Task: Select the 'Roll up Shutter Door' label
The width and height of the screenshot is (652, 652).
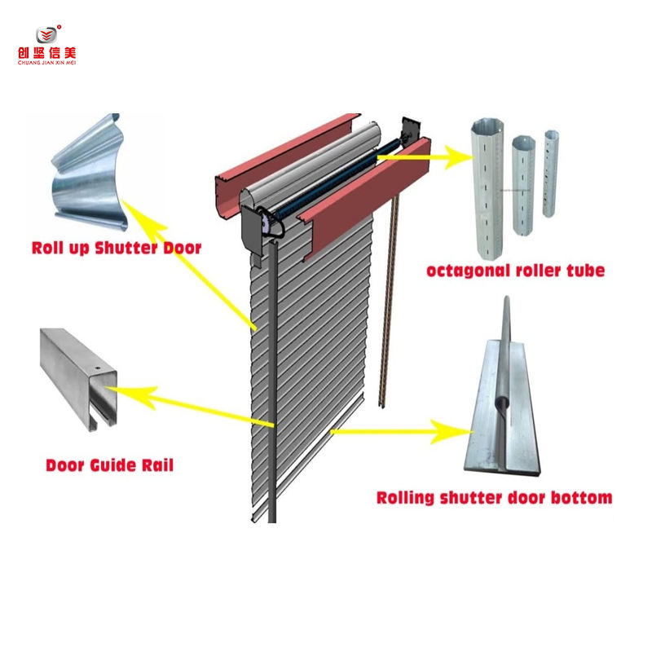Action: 116,248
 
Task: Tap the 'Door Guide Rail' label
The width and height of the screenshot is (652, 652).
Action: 109,465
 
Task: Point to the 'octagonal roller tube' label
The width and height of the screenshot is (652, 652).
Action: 515,270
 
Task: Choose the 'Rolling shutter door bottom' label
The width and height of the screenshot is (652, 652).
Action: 494,496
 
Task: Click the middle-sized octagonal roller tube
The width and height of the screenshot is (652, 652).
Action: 522,196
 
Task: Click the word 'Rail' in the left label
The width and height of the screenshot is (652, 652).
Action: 155,465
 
